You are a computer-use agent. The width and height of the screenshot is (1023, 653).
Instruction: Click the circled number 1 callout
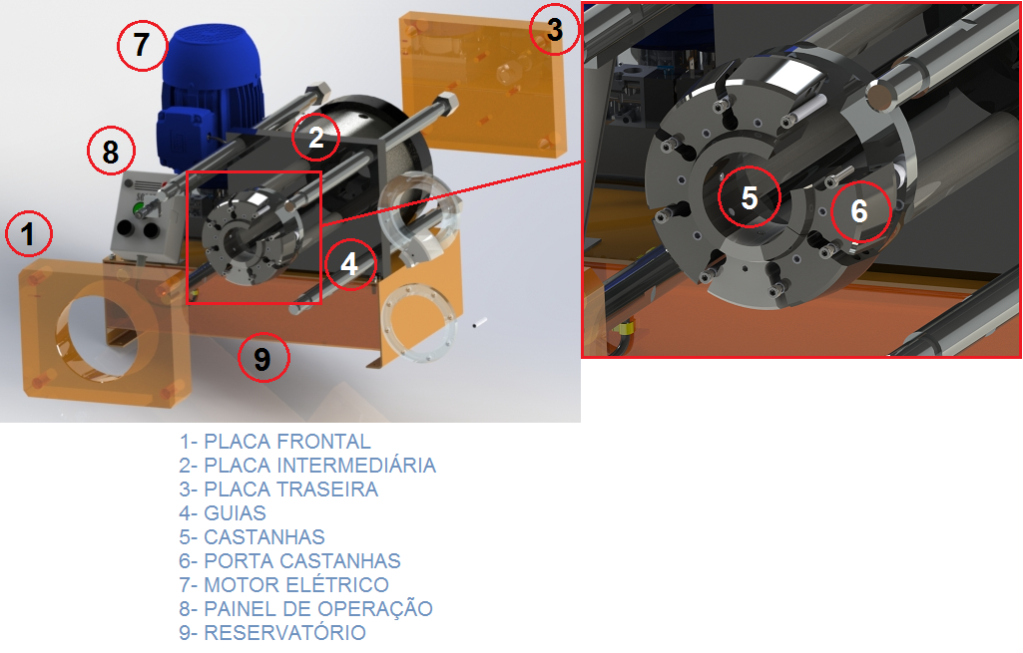29,233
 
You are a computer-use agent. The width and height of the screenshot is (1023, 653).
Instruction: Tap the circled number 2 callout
315,137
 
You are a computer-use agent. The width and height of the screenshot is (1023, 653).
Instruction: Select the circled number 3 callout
554,29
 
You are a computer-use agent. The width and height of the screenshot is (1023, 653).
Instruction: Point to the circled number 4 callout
349,264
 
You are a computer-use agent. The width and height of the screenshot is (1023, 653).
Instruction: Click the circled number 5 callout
749,197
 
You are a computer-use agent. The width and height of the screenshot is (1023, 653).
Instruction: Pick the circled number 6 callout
860,211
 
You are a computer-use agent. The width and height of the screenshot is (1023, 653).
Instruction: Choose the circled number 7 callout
143,45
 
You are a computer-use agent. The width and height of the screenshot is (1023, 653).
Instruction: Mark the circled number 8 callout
111,152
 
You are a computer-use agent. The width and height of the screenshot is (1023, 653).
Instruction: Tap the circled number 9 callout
262,358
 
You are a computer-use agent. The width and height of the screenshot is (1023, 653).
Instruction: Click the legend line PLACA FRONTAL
274,442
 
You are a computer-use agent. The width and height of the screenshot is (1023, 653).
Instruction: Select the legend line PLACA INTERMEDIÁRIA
307,466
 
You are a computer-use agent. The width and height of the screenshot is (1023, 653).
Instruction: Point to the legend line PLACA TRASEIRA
278,490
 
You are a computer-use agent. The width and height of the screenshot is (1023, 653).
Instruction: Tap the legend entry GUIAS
223,513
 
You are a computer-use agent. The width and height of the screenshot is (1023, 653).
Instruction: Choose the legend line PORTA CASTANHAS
289,561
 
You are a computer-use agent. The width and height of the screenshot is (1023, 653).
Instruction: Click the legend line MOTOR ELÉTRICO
283,584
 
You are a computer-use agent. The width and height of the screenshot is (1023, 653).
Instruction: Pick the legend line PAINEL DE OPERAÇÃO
306,609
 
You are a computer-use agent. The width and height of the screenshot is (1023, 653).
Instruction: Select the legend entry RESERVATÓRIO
272,633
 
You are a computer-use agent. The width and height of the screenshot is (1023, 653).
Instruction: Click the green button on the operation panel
139,209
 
